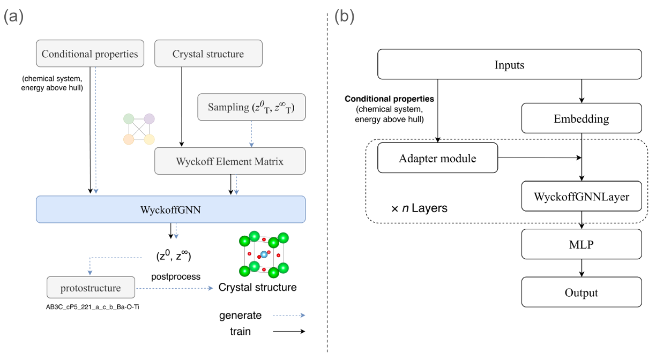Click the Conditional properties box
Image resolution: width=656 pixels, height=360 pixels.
point(90,54)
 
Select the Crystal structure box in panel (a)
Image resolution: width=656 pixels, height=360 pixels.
point(208,54)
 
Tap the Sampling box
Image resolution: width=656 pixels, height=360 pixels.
point(251,107)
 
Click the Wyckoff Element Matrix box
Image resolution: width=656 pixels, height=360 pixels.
point(230,161)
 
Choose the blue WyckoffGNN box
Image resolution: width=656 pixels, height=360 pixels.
point(170,209)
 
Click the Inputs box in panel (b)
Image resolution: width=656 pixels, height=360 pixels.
point(509,65)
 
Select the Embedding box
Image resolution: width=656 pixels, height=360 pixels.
point(582,118)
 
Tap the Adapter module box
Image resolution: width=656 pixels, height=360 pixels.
point(437,158)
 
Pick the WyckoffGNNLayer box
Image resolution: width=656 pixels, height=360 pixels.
point(582,196)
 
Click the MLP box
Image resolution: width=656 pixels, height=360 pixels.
point(582,244)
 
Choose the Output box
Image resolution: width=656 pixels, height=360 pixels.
point(582,292)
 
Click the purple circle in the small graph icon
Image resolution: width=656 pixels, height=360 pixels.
point(149,119)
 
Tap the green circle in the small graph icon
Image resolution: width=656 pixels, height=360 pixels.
point(128,119)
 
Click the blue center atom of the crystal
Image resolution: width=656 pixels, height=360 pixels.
point(264,253)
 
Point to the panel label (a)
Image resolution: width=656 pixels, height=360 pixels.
point(14,17)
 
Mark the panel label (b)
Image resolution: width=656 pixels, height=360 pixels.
point(344,17)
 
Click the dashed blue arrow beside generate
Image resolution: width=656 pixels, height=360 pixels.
point(289,316)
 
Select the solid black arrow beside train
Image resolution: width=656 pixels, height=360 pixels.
point(289,332)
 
